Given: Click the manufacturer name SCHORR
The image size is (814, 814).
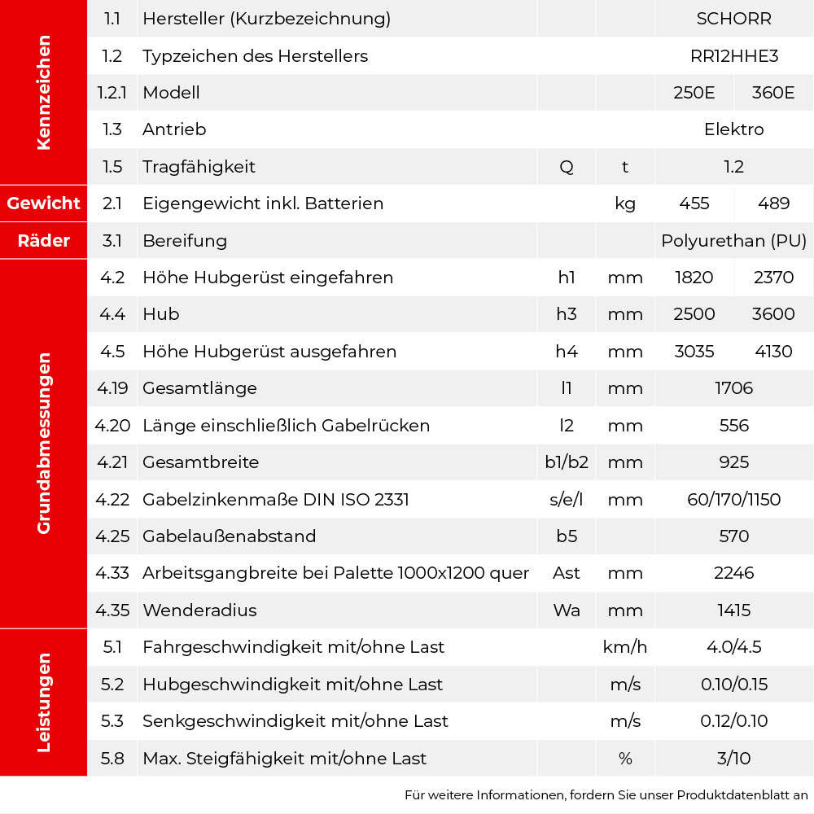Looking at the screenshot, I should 733,19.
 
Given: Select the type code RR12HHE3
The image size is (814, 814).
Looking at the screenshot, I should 733,56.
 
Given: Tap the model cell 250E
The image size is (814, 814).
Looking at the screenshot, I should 694,93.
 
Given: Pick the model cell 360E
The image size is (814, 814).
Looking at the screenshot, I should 773,93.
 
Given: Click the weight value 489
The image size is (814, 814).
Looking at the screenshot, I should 773,203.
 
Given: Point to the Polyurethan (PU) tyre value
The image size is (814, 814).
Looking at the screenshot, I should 733,241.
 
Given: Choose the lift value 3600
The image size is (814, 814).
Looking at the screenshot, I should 773,314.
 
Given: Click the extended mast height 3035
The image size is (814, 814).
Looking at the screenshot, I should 694,352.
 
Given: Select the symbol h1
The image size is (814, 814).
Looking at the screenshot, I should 567,278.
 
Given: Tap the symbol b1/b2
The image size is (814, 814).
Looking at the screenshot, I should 567,462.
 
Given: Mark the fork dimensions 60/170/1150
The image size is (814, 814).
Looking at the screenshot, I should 733,499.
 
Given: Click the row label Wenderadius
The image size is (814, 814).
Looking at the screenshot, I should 199,610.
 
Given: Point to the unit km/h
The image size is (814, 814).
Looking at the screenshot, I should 624,647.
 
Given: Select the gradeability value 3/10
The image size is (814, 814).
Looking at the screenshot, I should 733,759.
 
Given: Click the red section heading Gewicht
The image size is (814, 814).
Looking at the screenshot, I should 44,203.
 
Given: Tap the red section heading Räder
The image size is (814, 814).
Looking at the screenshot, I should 44,241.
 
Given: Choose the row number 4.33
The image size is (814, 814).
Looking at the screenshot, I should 112,573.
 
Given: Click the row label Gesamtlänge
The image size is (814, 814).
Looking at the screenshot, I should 199,388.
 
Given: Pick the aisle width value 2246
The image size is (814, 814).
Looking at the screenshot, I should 733,573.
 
